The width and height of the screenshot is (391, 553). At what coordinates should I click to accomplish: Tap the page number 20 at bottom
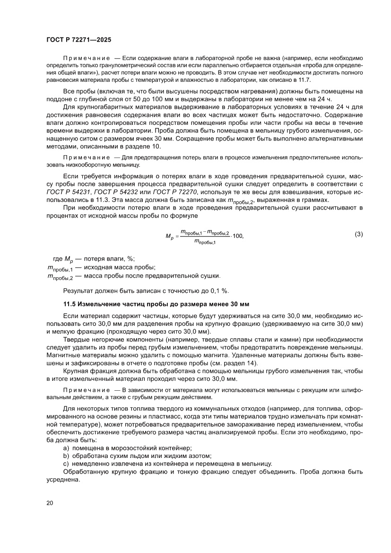point(50,502)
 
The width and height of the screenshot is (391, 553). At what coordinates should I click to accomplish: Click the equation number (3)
point(359,234)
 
